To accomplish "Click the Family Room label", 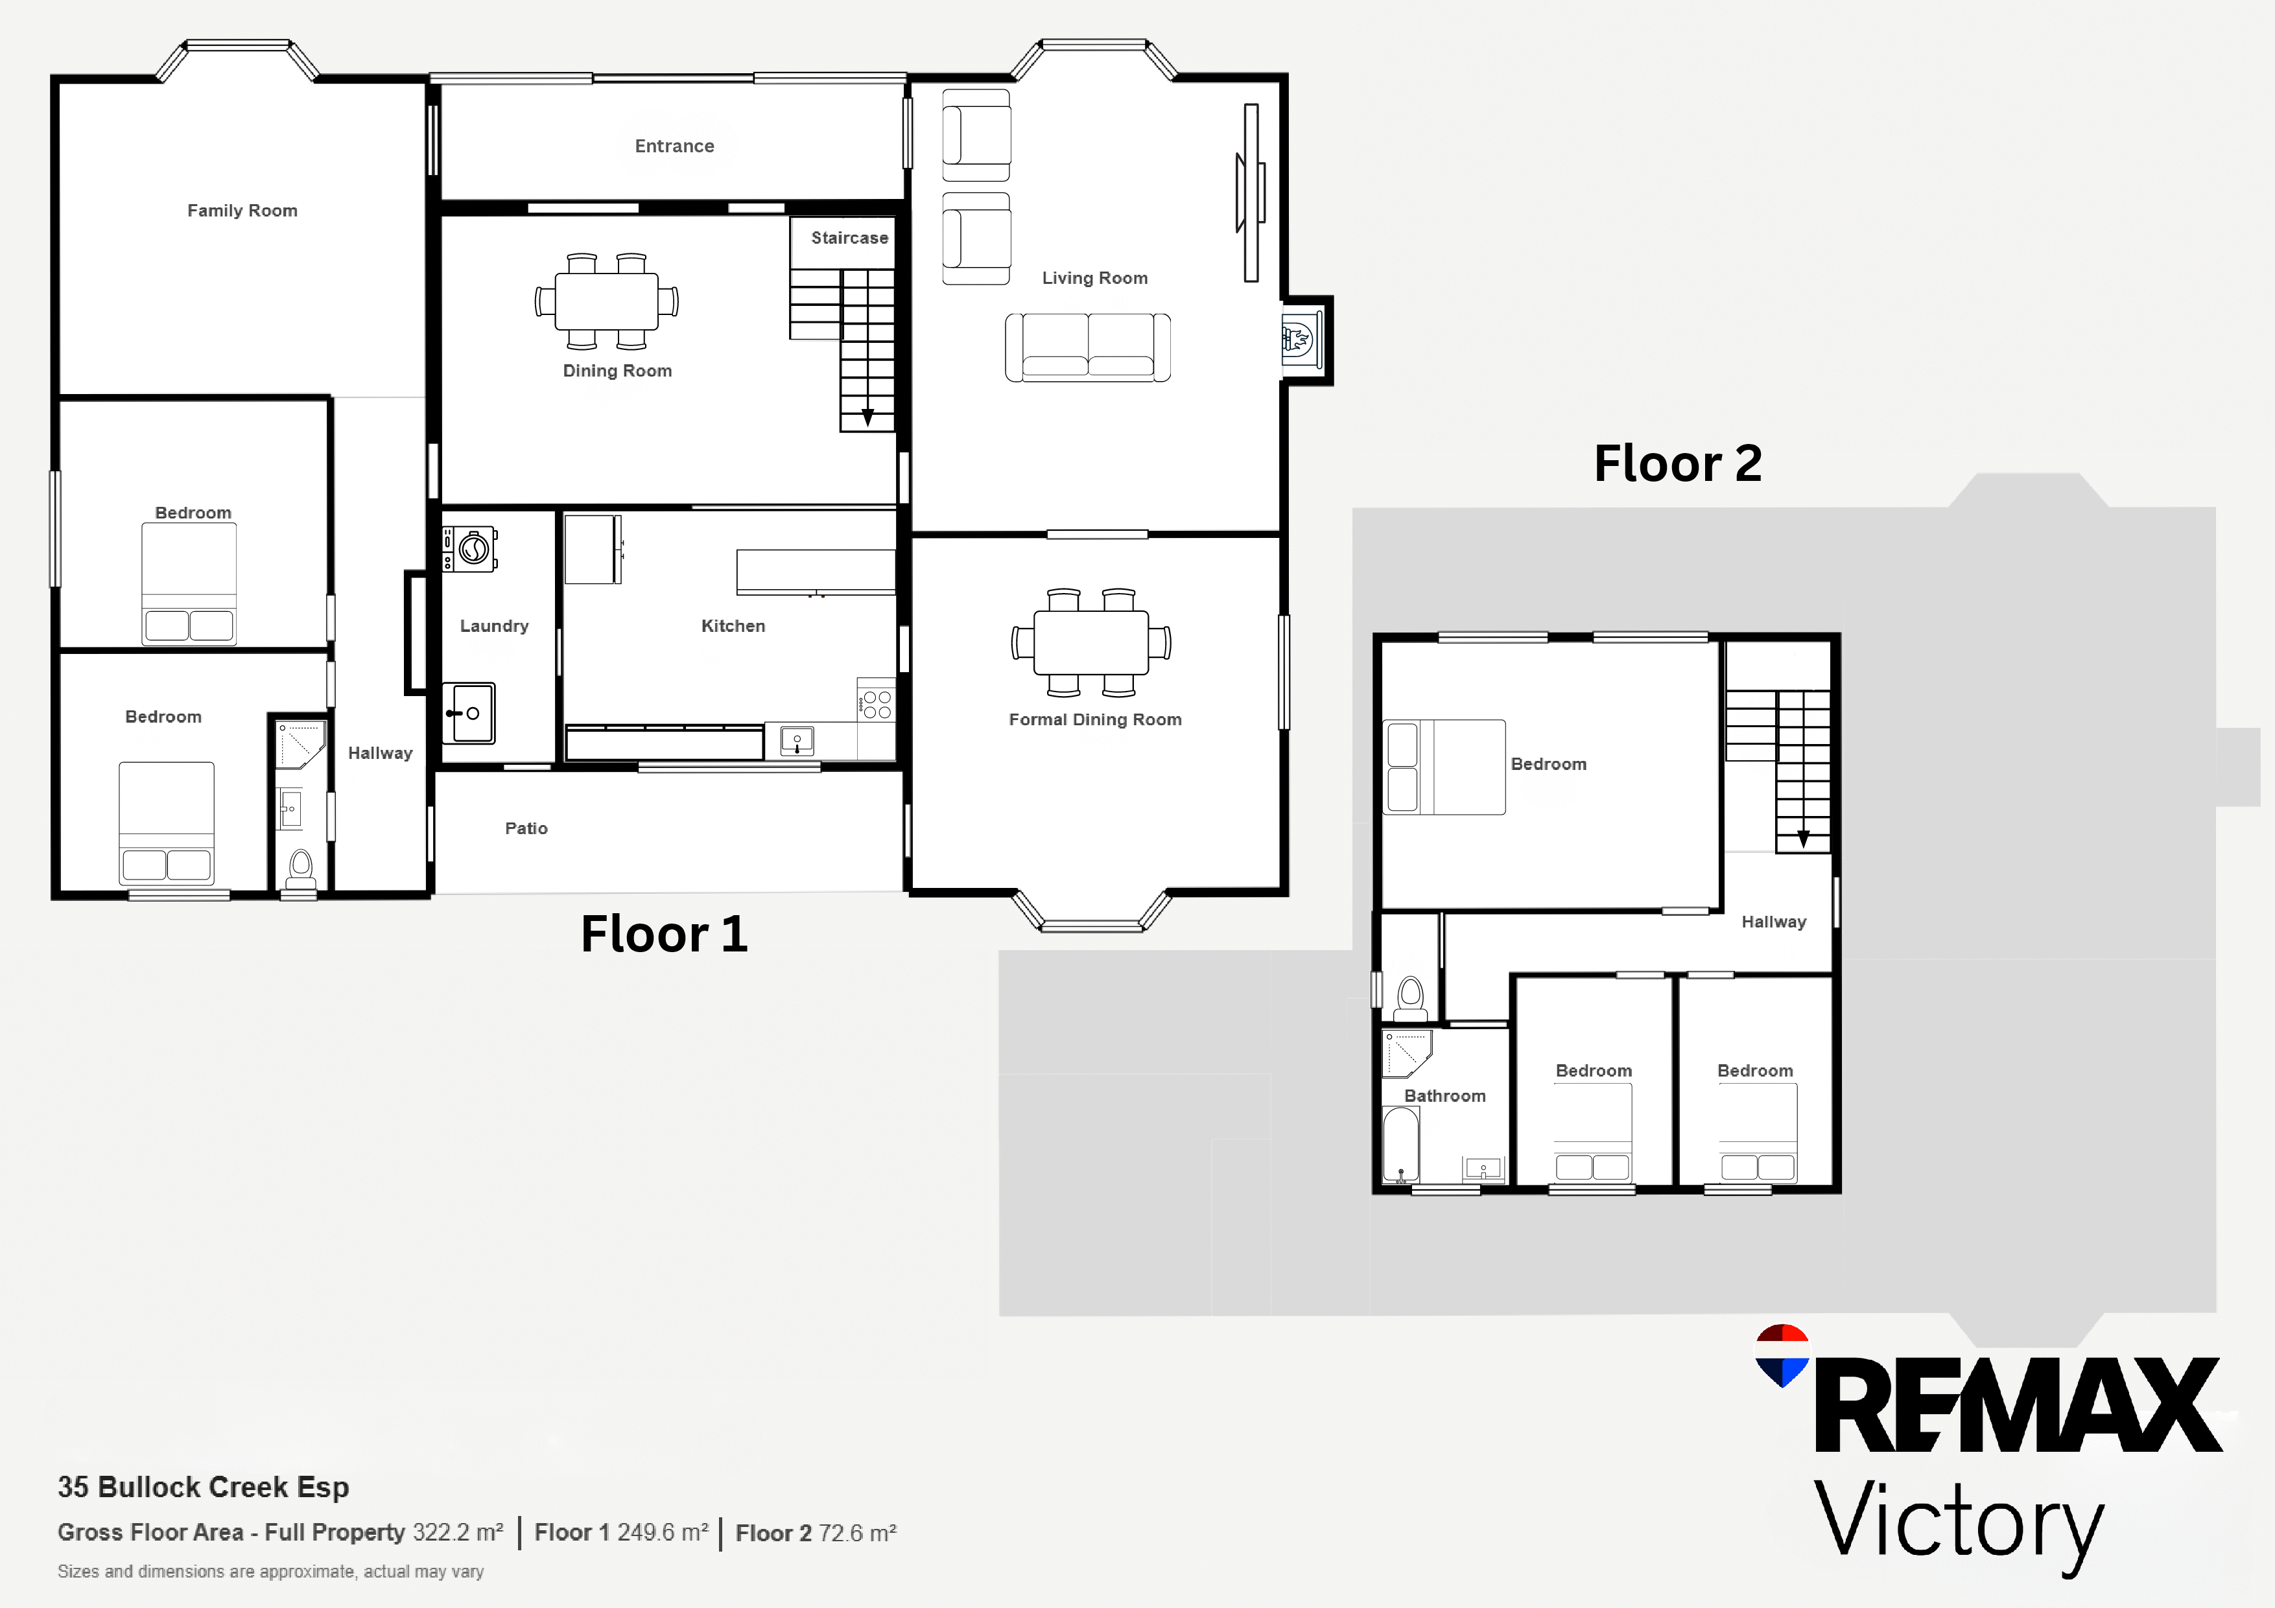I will (x=242, y=210).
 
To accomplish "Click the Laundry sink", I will (x=469, y=712).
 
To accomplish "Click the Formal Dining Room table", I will (x=1091, y=642).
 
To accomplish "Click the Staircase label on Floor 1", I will (x=849, y=238).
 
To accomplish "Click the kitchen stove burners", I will (x=877, y=705).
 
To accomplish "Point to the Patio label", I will (x=526, y=828).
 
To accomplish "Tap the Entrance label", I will (x=674, y=146).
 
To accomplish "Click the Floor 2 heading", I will (x=1677, y=463).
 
